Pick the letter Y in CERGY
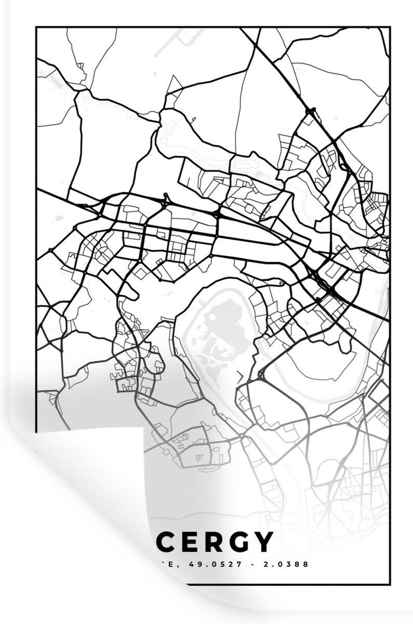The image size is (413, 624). pos(263,542)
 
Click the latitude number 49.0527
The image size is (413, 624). pos(194,564)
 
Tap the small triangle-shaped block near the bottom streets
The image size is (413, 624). pos(199,457)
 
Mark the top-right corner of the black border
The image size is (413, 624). pos(389,28)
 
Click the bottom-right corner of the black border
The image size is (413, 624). pos(389,585)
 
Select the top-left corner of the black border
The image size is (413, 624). pos(36,28)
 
